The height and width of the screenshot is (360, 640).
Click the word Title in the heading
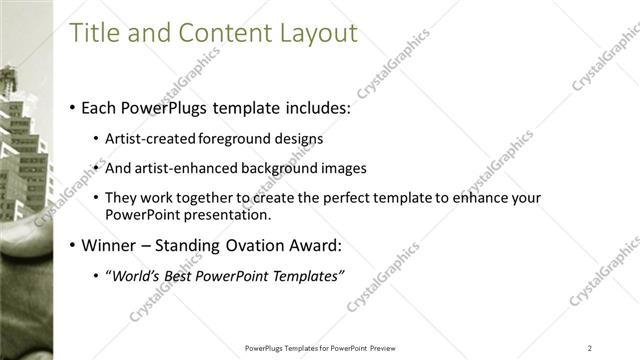tap(94, 33)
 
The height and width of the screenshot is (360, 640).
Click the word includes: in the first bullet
tap(315, 107)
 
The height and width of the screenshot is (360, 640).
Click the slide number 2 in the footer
tap(590, 348)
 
